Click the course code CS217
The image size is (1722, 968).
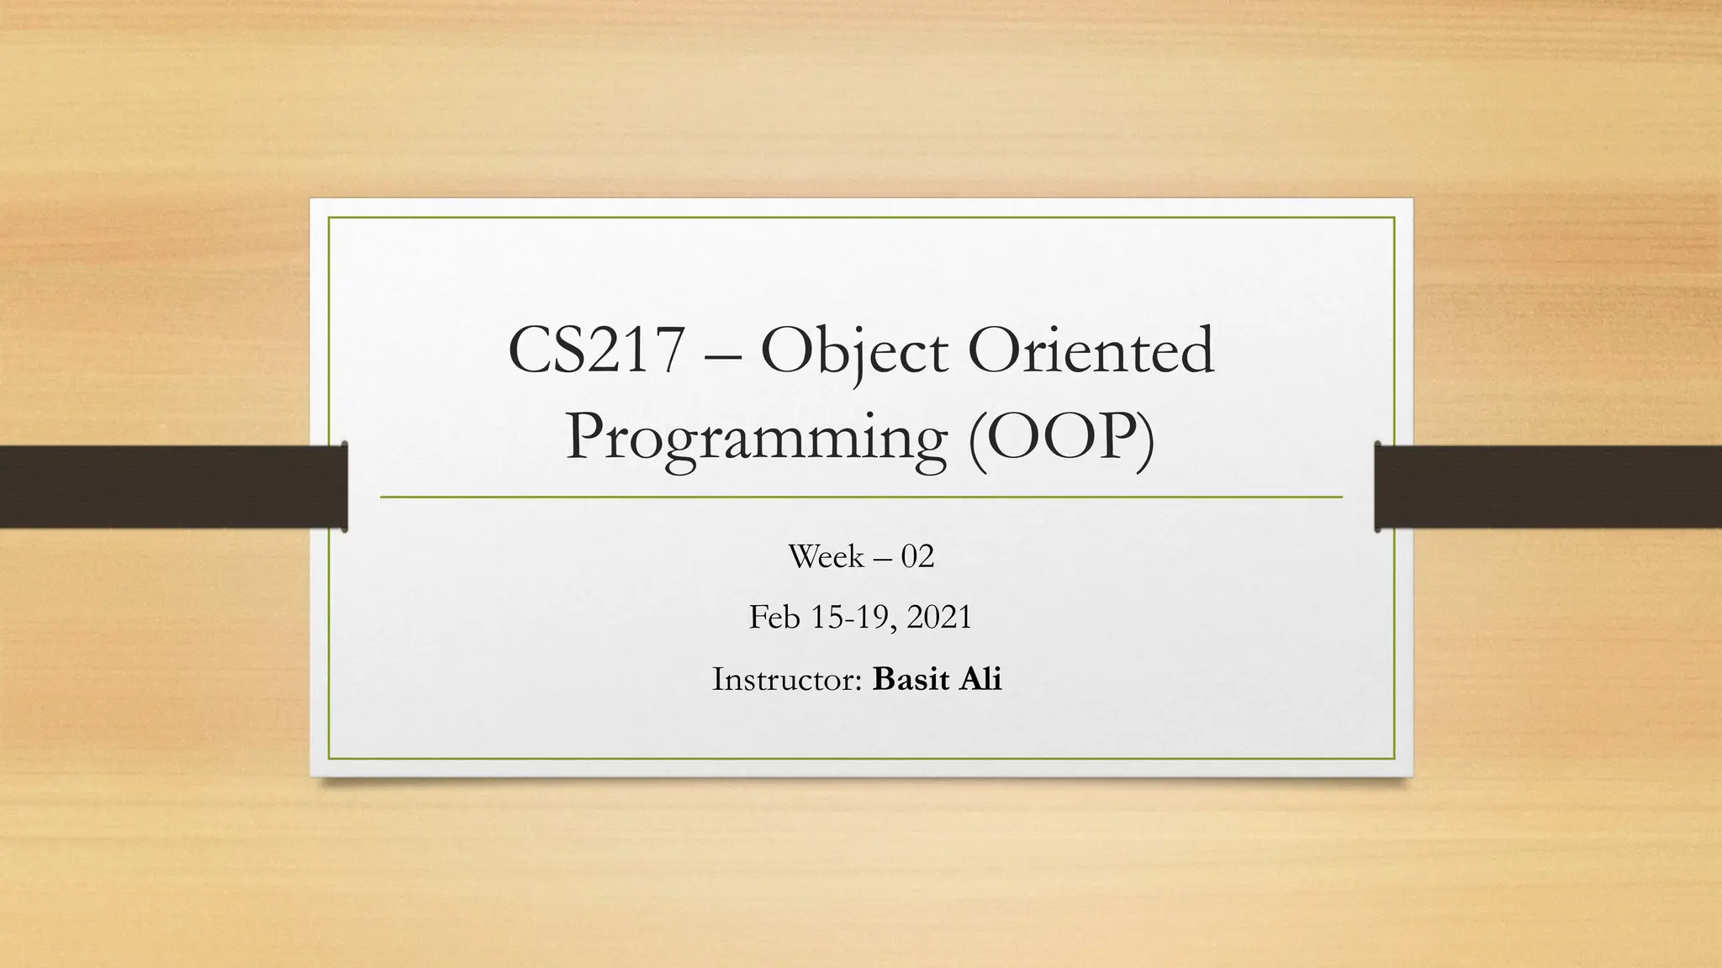click(x=594, y=352)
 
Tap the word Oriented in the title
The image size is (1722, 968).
click(x=1091, y=350)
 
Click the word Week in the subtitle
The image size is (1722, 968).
click(x=826, y=556)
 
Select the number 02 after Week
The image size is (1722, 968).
click(x=917, y=556)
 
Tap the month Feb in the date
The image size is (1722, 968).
click(x=774, y=618)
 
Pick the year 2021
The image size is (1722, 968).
click(x=940, y=618)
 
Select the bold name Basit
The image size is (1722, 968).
click(x=911, y=679)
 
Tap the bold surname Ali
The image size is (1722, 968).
click(x=981, y=679)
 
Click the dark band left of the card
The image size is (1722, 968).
click(x=168, y=487)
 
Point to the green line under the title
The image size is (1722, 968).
click(x=861, y=497)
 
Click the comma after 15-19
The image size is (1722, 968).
click(x=898, y=626)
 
